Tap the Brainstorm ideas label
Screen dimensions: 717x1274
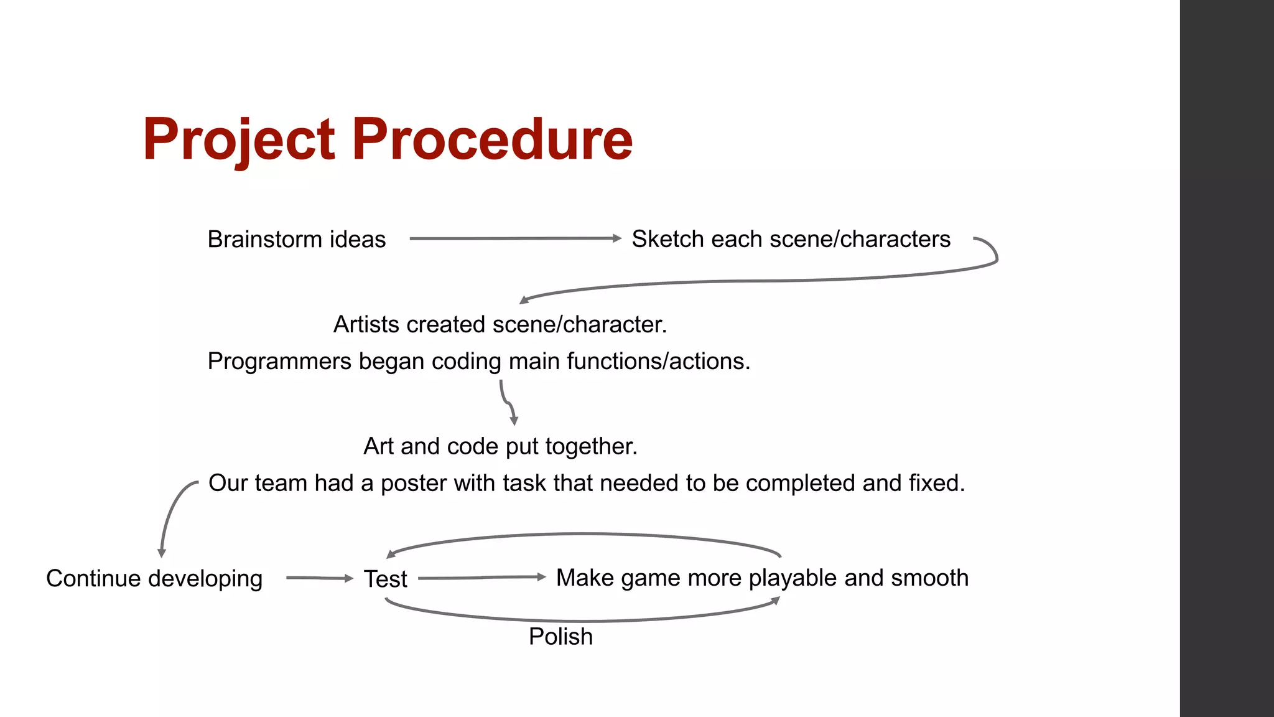[296, 240]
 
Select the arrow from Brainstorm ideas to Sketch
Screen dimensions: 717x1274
[515, 238]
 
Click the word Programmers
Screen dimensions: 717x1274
[279, 362]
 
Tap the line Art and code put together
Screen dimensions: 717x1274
[500, 447]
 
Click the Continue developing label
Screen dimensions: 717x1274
[154, 579]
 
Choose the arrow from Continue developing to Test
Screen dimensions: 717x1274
[319, 578]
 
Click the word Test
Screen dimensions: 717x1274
[385, 579]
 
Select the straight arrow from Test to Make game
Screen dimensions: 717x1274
[481, 578]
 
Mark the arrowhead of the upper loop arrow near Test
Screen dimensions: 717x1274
[391, 553]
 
